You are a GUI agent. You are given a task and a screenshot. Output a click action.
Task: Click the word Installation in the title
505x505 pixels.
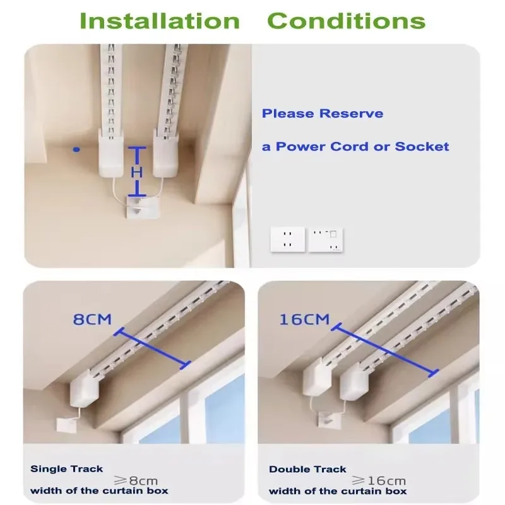click(x=160, y=20)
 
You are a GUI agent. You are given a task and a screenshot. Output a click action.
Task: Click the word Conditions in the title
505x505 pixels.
click(x=346, y=20)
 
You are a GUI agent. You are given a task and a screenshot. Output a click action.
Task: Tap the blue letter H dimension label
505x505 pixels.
click(x=138, y=172)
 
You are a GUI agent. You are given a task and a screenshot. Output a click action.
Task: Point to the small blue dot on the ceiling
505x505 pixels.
click(x=76, y=150)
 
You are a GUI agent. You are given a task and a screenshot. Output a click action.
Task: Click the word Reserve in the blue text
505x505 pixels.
click(x=351, y=114)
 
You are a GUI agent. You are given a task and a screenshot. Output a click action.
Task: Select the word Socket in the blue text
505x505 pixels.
click(x=422, y=146)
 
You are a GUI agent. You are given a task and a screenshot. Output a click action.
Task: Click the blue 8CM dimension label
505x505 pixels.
click(x=92, y=319)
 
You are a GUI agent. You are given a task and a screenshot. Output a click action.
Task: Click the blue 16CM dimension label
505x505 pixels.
click(x=304, y=319)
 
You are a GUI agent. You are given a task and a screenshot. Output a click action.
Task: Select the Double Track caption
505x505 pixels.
click(x=307, y=469)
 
